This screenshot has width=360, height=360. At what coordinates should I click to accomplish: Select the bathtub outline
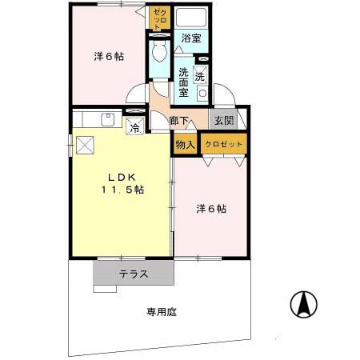(x=190, y=18)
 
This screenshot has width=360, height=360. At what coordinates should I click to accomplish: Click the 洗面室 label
(x=183, y=80)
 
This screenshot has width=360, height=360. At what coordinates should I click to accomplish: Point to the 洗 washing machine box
(x=202, y=77)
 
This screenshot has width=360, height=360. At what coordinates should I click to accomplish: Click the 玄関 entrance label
(x=222, y=121)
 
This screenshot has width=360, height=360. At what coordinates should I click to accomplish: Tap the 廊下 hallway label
(x=180, y=122)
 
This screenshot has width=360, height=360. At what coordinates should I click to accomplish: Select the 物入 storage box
(x=185, y=144)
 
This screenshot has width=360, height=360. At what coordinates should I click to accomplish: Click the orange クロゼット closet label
(x=223, y=144)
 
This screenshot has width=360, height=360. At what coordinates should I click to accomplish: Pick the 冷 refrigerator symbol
(x=135, y=126)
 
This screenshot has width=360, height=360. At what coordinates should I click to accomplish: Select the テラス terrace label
(x=134, y=274)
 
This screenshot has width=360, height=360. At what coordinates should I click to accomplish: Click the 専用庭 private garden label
(x=161, y=311)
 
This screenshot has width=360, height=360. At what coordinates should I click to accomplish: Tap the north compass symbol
(x=303, y=304)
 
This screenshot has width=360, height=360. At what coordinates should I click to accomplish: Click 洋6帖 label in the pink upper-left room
(x=109, y=57)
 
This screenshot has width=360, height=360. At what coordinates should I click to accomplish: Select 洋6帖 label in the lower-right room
(x=212, y=209)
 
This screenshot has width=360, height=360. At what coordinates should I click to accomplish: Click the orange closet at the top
(x=158, y=18)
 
